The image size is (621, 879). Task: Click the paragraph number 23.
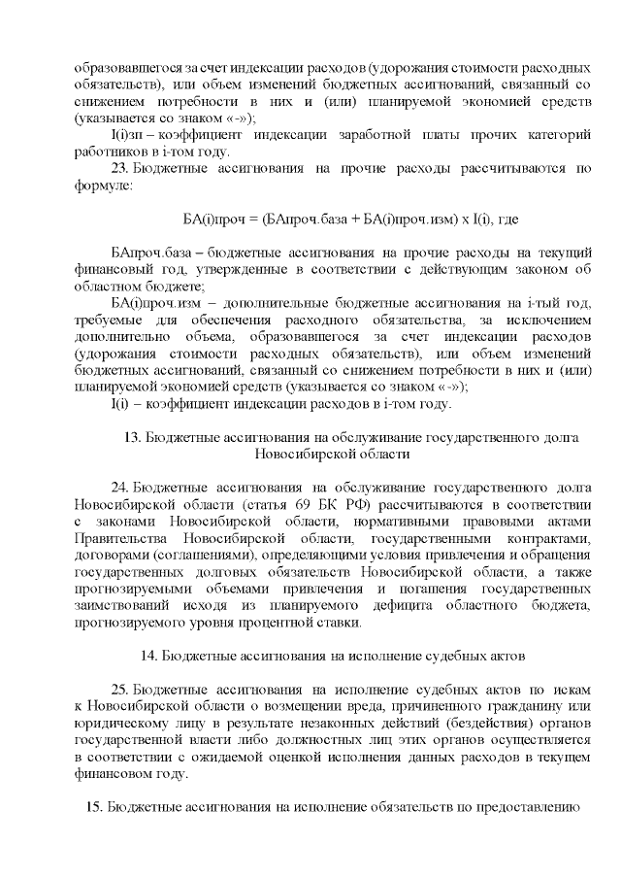tap(120, 169)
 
